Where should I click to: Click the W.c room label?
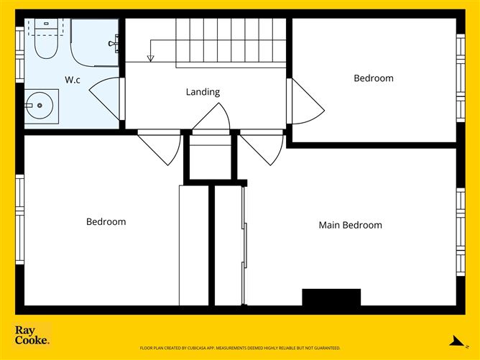click(72, 80)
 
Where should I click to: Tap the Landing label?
click(203, 92)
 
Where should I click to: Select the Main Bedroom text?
click(350, 225)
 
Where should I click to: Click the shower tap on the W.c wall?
click(113, 44)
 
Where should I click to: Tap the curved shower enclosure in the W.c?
click(93, 43)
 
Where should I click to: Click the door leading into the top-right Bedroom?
click(305, 101)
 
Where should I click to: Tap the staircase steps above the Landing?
click(230, 42)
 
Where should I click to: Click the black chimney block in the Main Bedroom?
click(331, 297)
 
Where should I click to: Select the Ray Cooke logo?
click(32, 336)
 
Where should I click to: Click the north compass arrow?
click(453, 341)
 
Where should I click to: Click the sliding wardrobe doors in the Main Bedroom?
click(245, 244)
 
